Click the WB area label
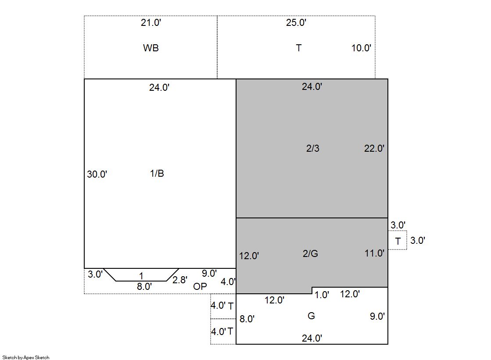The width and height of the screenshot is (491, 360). pyautogui.click(x=151, y=48)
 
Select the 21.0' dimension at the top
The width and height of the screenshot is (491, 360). pyautogui.click(x=151, y=22)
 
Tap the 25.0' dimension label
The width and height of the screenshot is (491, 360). pyautogui.click(x=296, y=22)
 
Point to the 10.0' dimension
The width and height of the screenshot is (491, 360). pyautogui.click(x=361, y=48)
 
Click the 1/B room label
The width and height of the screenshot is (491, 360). pyautogui.click(x=157, y=173)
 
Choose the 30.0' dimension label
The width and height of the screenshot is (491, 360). pyautogui.click(x=97, y=174)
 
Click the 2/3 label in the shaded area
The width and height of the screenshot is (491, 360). pyautogui.click(x=313, y=148)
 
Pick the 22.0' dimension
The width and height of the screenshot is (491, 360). pyautogui.click(x=374, y=148)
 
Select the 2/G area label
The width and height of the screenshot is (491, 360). pyautogui.click(x=310, y=253)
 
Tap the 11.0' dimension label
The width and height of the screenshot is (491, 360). pyautogui.click(x=374, y=253)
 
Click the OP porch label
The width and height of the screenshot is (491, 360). pyautogui.click(x=200, y=286)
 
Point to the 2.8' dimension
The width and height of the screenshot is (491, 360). pyautogui.click(x=180, y=280)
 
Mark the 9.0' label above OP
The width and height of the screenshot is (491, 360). pyautogui.click(x=209, y=273)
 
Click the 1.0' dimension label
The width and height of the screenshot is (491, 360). pyautogui.click(x=322, y=295)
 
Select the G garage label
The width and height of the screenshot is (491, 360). pyautogui.click(x=311, y=316)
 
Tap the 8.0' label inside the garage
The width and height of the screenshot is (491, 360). pyautogui.click(x=247, y=319)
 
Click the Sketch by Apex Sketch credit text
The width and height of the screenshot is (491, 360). pyautogui.click(x=26, y=357)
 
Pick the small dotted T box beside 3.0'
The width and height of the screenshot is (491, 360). pyautogui.click(x=398, y=240)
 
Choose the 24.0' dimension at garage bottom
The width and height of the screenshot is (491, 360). pyautogui.click(x=312, y=338)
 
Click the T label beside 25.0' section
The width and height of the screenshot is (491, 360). pyautogui.click(x=299, y=48)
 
